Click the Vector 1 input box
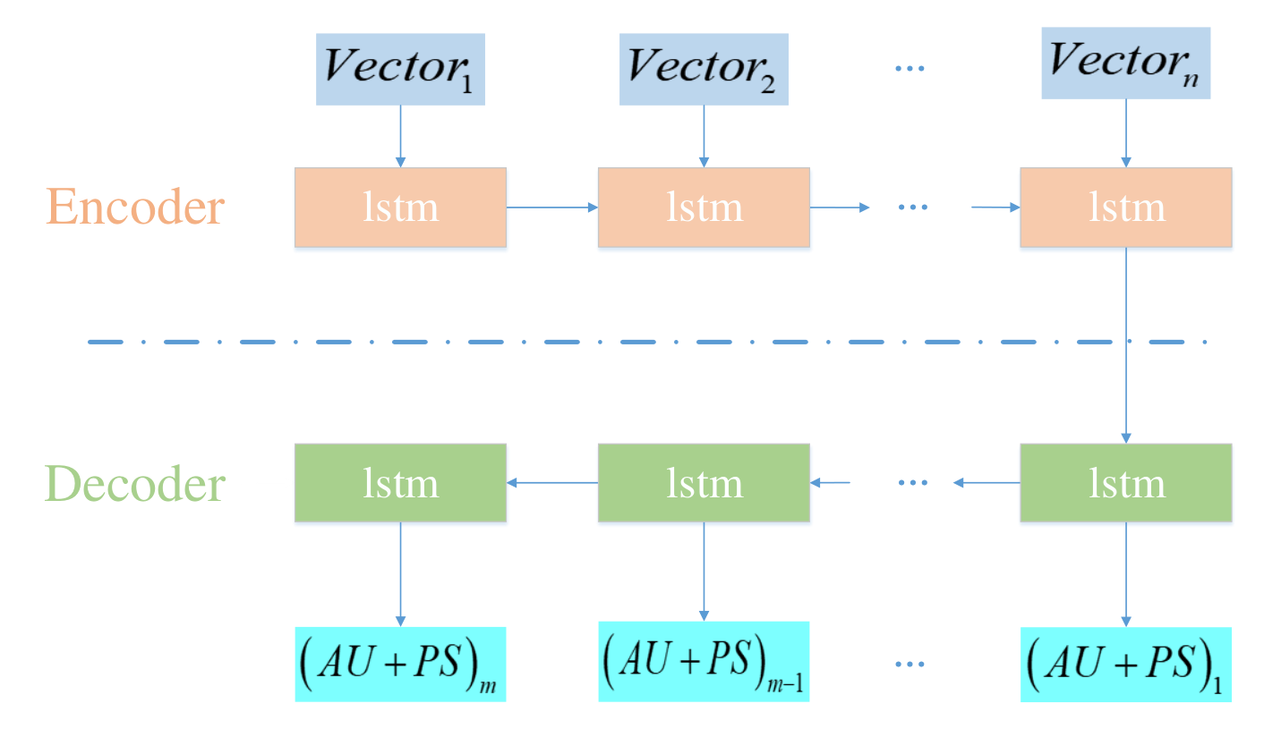coord(400,70)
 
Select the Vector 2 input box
coord(704,70)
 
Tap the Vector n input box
coord(1126,64)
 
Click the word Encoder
coord(135,207)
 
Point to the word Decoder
coord(135,483)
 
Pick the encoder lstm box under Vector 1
coord(400,208)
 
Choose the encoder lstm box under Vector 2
coord(704,208)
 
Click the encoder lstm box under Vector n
coord(1126,208)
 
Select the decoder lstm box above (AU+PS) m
coord(400,483)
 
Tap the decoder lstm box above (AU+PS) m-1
coord(704,483)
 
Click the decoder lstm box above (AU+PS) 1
coord(1126,483)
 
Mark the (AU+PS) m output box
coord(400,665)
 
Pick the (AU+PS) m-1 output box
coord(704,661)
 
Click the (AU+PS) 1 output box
coord(1126,665)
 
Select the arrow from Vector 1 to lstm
coord(400,137)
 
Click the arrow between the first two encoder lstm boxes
coord(551,208)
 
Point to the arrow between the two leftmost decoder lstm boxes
coord(551,483)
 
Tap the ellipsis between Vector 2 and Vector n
coord(910,69)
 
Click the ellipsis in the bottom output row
coord(910,665)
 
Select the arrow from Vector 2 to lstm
coord(704,137)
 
